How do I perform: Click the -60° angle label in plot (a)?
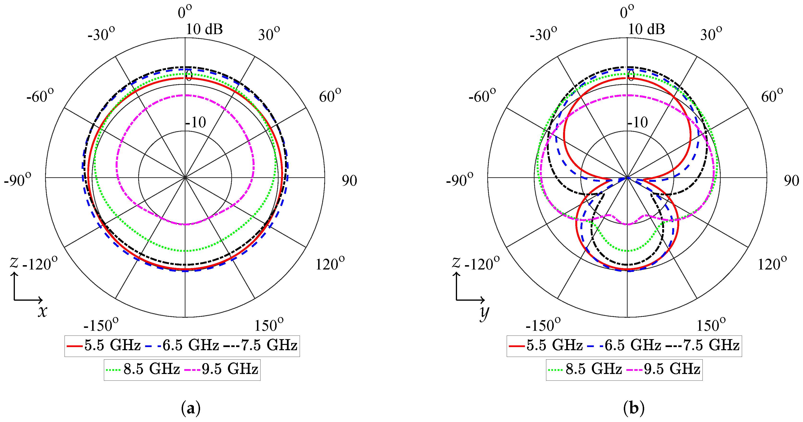click(40, 96)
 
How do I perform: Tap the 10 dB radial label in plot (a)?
click(204, 29)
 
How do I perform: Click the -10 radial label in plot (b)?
click(637, 122)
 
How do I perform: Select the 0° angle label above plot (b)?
click(627, 12)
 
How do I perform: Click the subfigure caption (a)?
click(190, 408)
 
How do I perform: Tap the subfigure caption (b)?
click(633, 408)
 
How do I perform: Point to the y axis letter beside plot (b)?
click(484, 313)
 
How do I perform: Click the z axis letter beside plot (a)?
click(14, 262)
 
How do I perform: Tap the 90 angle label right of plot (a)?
click(349, 181)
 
